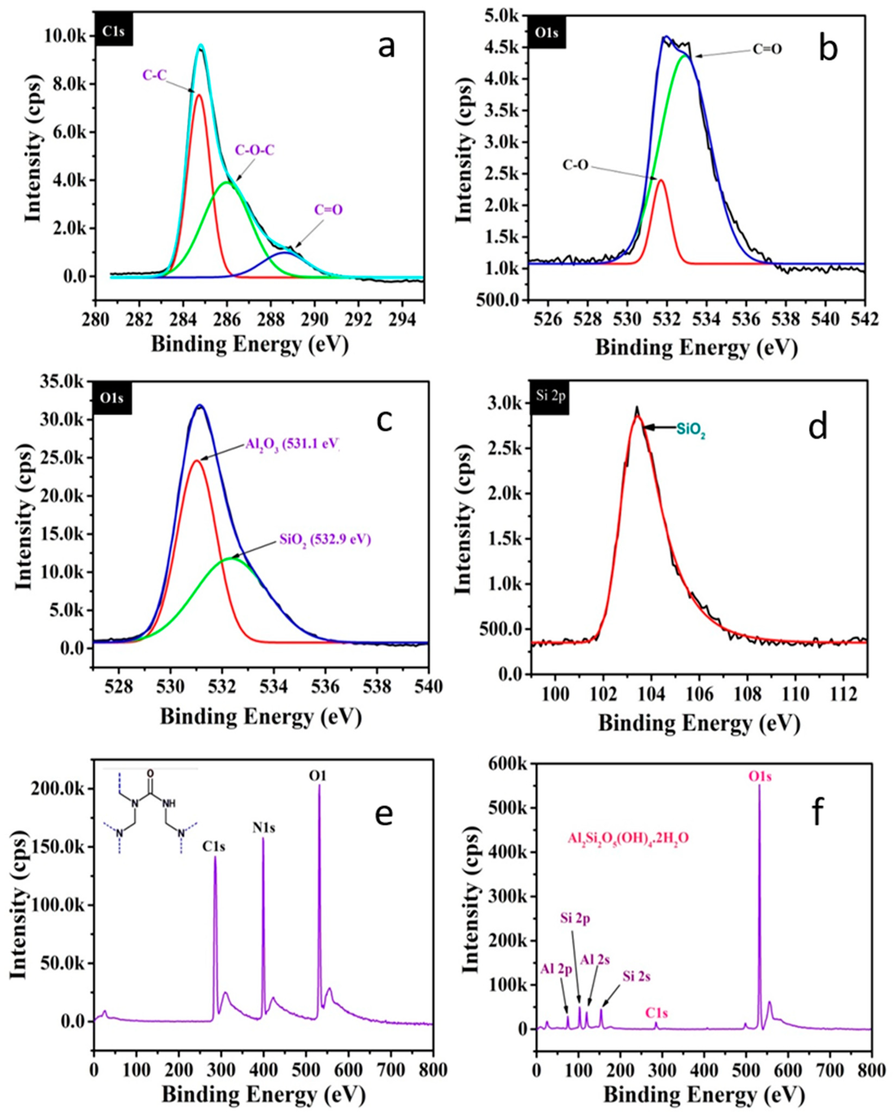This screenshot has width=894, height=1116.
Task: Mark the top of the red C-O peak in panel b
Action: [x=661, y=180]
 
